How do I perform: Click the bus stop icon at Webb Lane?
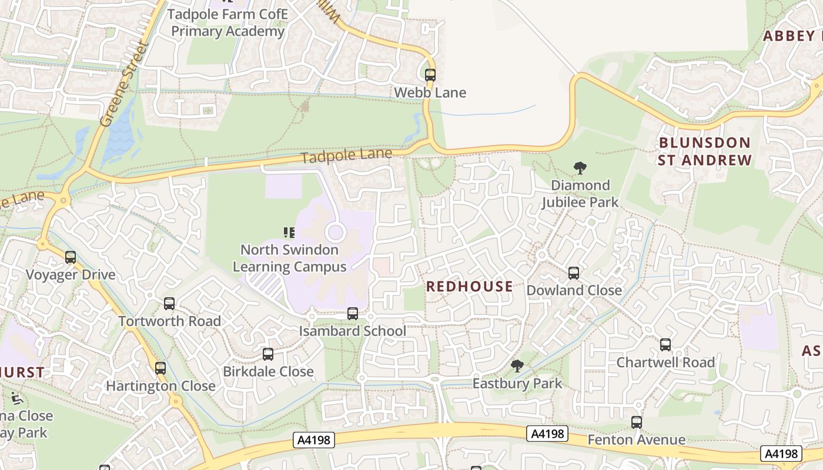[x=430, y=75]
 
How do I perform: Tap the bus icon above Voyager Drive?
[x=71, y=257]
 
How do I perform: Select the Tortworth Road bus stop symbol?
[x=169, y=304]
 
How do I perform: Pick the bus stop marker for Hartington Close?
[x=160, y=368]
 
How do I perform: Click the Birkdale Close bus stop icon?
[x=268, y=354]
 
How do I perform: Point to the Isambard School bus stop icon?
[x=353, y=314]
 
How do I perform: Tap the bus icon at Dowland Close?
[x=573, y=273]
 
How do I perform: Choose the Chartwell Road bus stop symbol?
[x=665, y=345]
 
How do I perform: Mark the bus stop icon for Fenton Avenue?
[x=637, y=422]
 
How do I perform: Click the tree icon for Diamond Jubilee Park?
[x=580, y=168]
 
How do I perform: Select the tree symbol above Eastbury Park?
[x=517, y=366]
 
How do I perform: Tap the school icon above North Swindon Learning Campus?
[x=289, y=233]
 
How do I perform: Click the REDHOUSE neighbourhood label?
[x=470, y=287]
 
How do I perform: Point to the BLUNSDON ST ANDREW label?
[x=704, y=152]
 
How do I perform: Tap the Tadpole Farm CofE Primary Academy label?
[x=228, y=22]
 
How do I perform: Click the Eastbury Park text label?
[x=517, y=384]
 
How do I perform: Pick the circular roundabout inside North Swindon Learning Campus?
[x=335, y=233]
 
